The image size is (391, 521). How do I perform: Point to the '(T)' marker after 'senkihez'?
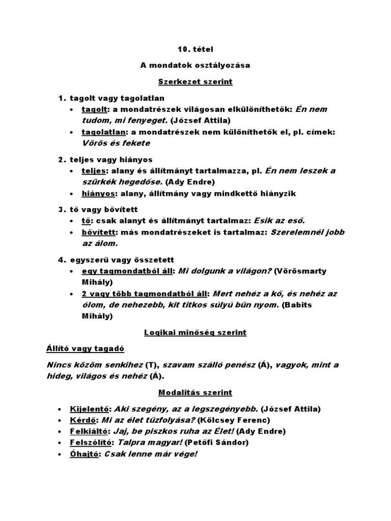[151, 365]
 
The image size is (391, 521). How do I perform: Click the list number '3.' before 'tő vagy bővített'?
[62, 209]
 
